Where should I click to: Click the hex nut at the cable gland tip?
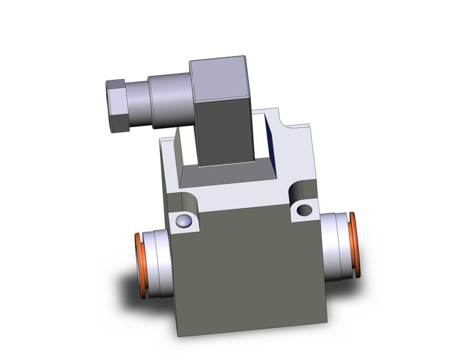click(x=117, y=105)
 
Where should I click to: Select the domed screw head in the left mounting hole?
click(x=183, y=221)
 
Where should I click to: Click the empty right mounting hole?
click(x=304, y=210)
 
